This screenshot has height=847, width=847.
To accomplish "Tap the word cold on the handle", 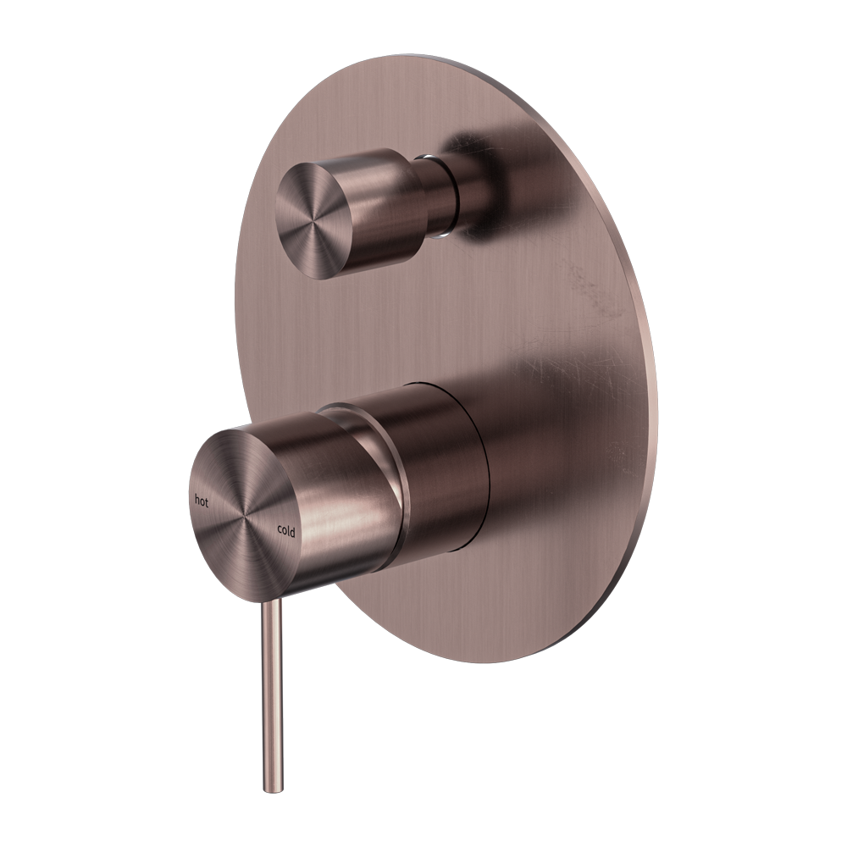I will coord(286,531).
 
